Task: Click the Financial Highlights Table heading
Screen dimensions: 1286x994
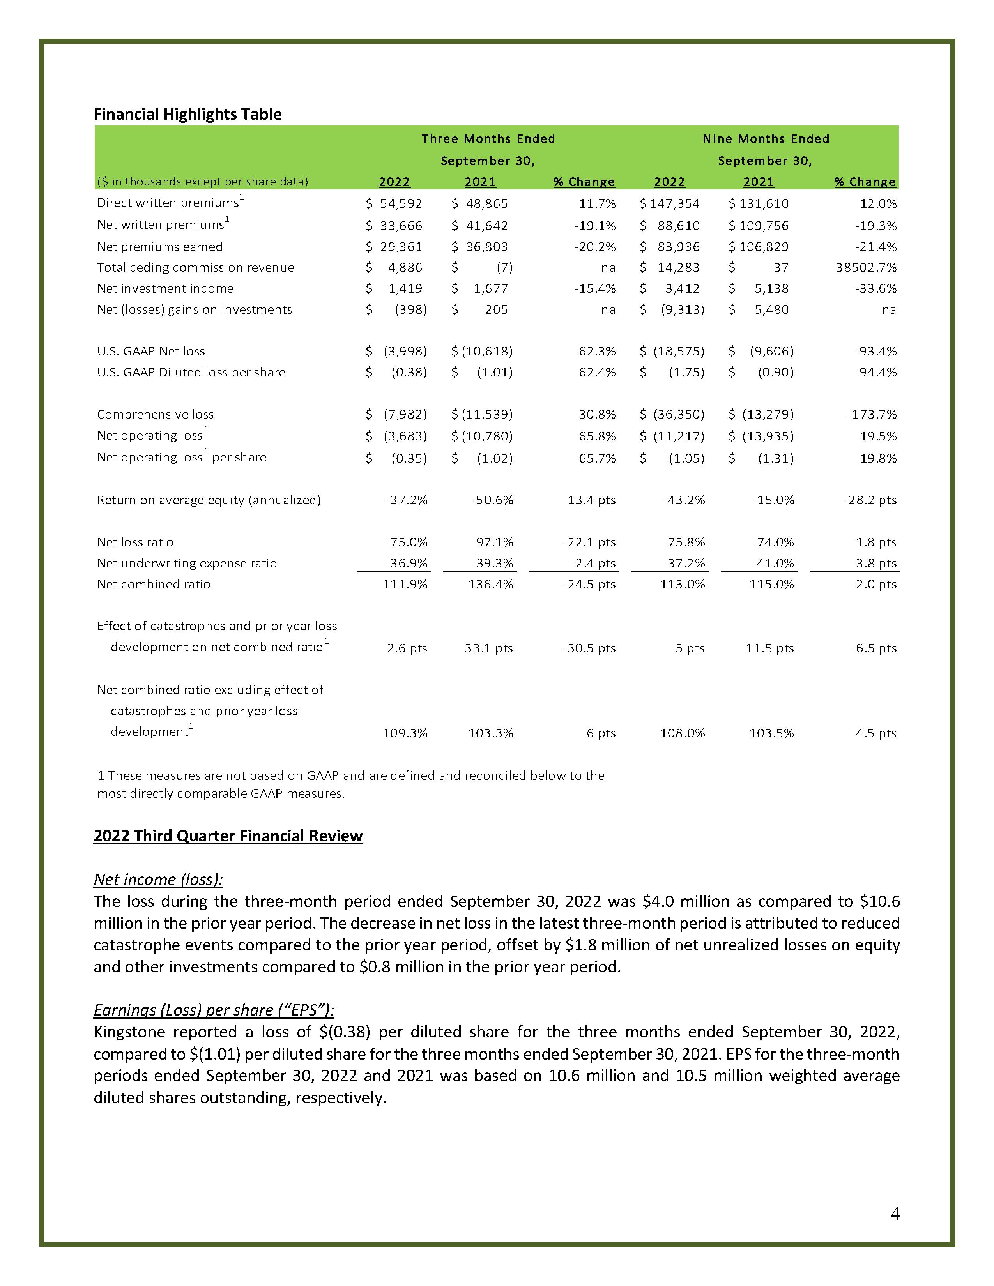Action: (x=187, y=114)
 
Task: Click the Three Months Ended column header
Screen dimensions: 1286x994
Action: (x=488, y=139)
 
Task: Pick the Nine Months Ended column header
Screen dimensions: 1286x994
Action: (x=766, y=139)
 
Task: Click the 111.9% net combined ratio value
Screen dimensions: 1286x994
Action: (x=405, y=585)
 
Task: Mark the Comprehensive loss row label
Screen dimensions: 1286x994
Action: (x=156, y=415)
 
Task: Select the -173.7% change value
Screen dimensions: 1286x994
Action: (x=872, y=415)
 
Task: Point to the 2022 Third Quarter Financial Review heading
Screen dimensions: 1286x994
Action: (x=228, y=836)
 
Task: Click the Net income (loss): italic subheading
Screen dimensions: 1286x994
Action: (x=158, y=880)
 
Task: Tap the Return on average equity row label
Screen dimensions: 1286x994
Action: (x=209, y=500)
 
